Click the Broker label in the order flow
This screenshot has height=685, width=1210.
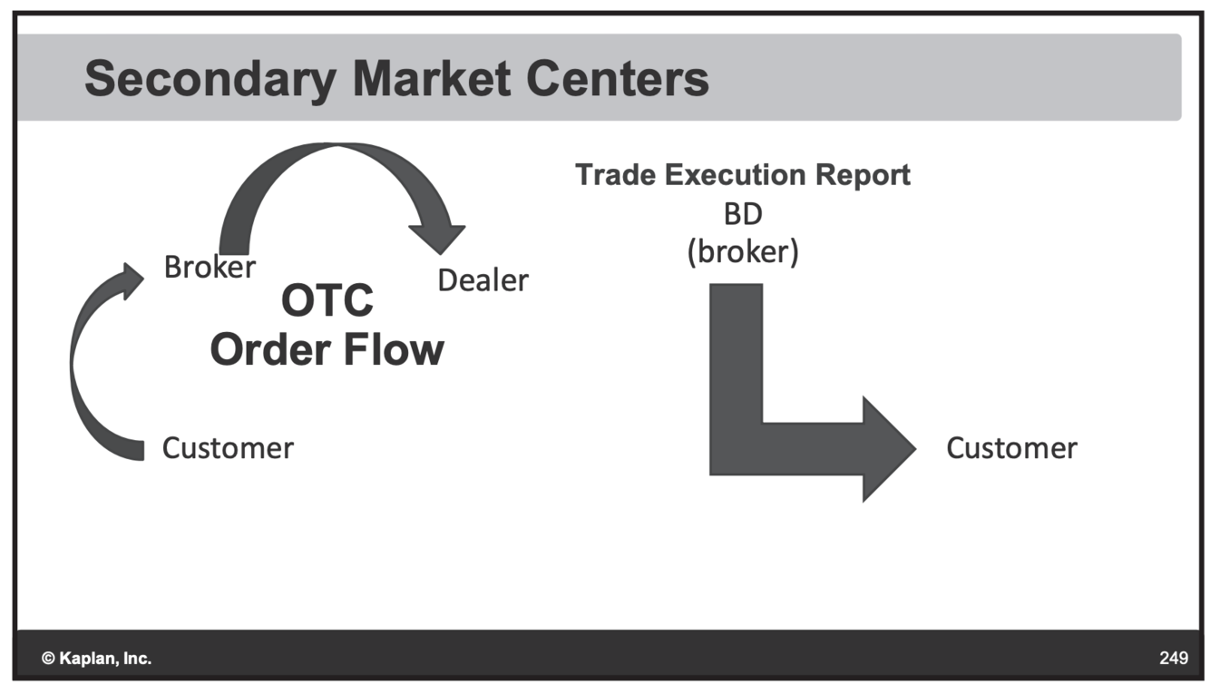pos(210,267)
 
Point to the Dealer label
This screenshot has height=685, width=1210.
pos(483,280)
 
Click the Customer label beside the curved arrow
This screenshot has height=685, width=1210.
pos(228,447)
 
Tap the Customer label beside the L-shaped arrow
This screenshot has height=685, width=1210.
pos(1011,447)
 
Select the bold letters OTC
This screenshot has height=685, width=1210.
pos(327,300)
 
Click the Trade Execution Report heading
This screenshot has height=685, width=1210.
pos(742,174)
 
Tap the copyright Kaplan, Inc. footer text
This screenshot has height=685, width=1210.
pos(96,658)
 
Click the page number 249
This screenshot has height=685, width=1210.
pos(1174,658)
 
